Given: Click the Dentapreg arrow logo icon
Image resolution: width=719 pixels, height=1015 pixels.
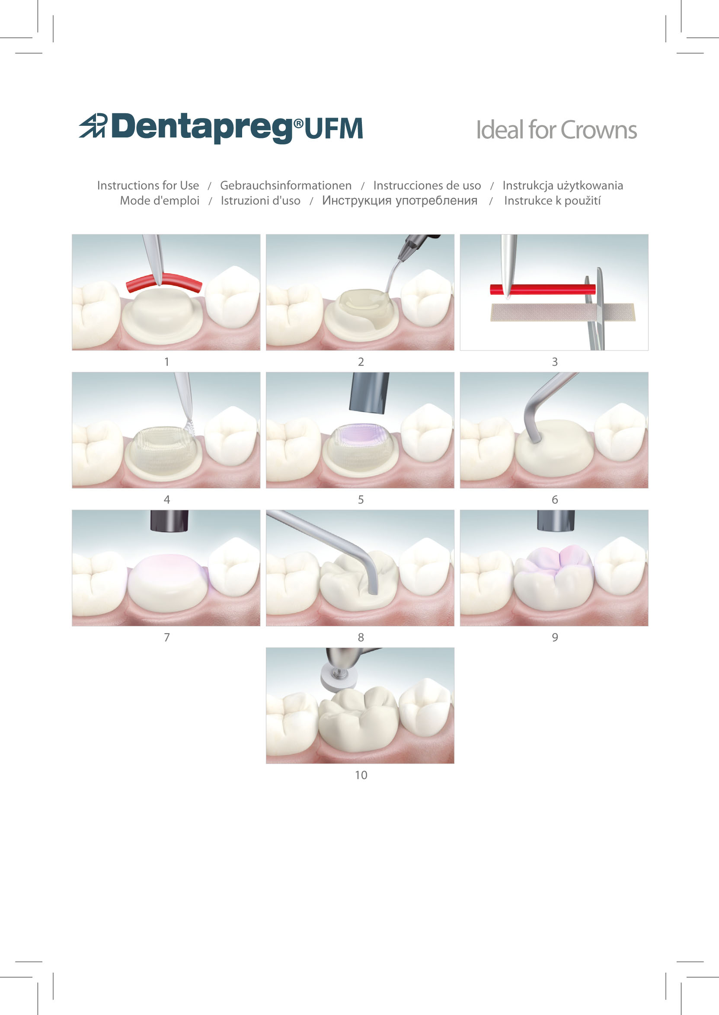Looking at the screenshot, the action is tap(93, 126).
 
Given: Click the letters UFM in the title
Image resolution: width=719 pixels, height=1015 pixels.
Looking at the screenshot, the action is tap(333, 128).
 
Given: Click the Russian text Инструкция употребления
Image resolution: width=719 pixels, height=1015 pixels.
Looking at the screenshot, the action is tap(399, 201).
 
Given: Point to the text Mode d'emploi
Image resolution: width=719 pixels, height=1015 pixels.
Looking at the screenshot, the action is tap(160, 201).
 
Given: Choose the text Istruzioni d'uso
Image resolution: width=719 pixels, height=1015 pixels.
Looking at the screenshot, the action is tap(260, 201).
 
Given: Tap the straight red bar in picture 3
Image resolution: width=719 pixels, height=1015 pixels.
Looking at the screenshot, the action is tap(542, 290).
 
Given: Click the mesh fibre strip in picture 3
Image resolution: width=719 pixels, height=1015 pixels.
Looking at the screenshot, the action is tap(562, 312).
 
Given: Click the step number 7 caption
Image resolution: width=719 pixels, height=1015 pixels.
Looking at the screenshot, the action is tap(167, 637).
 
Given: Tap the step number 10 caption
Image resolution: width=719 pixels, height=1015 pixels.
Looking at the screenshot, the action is tap(361, 775).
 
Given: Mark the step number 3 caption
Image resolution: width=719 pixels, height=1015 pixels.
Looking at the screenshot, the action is tap(555, 362).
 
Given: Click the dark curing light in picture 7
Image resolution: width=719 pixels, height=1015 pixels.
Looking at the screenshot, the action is tap(169, 520).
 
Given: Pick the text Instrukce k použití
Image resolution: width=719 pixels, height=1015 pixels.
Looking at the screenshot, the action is tap(553, 201).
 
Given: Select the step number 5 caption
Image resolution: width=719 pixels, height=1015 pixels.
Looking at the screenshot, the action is tap(361, 499).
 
